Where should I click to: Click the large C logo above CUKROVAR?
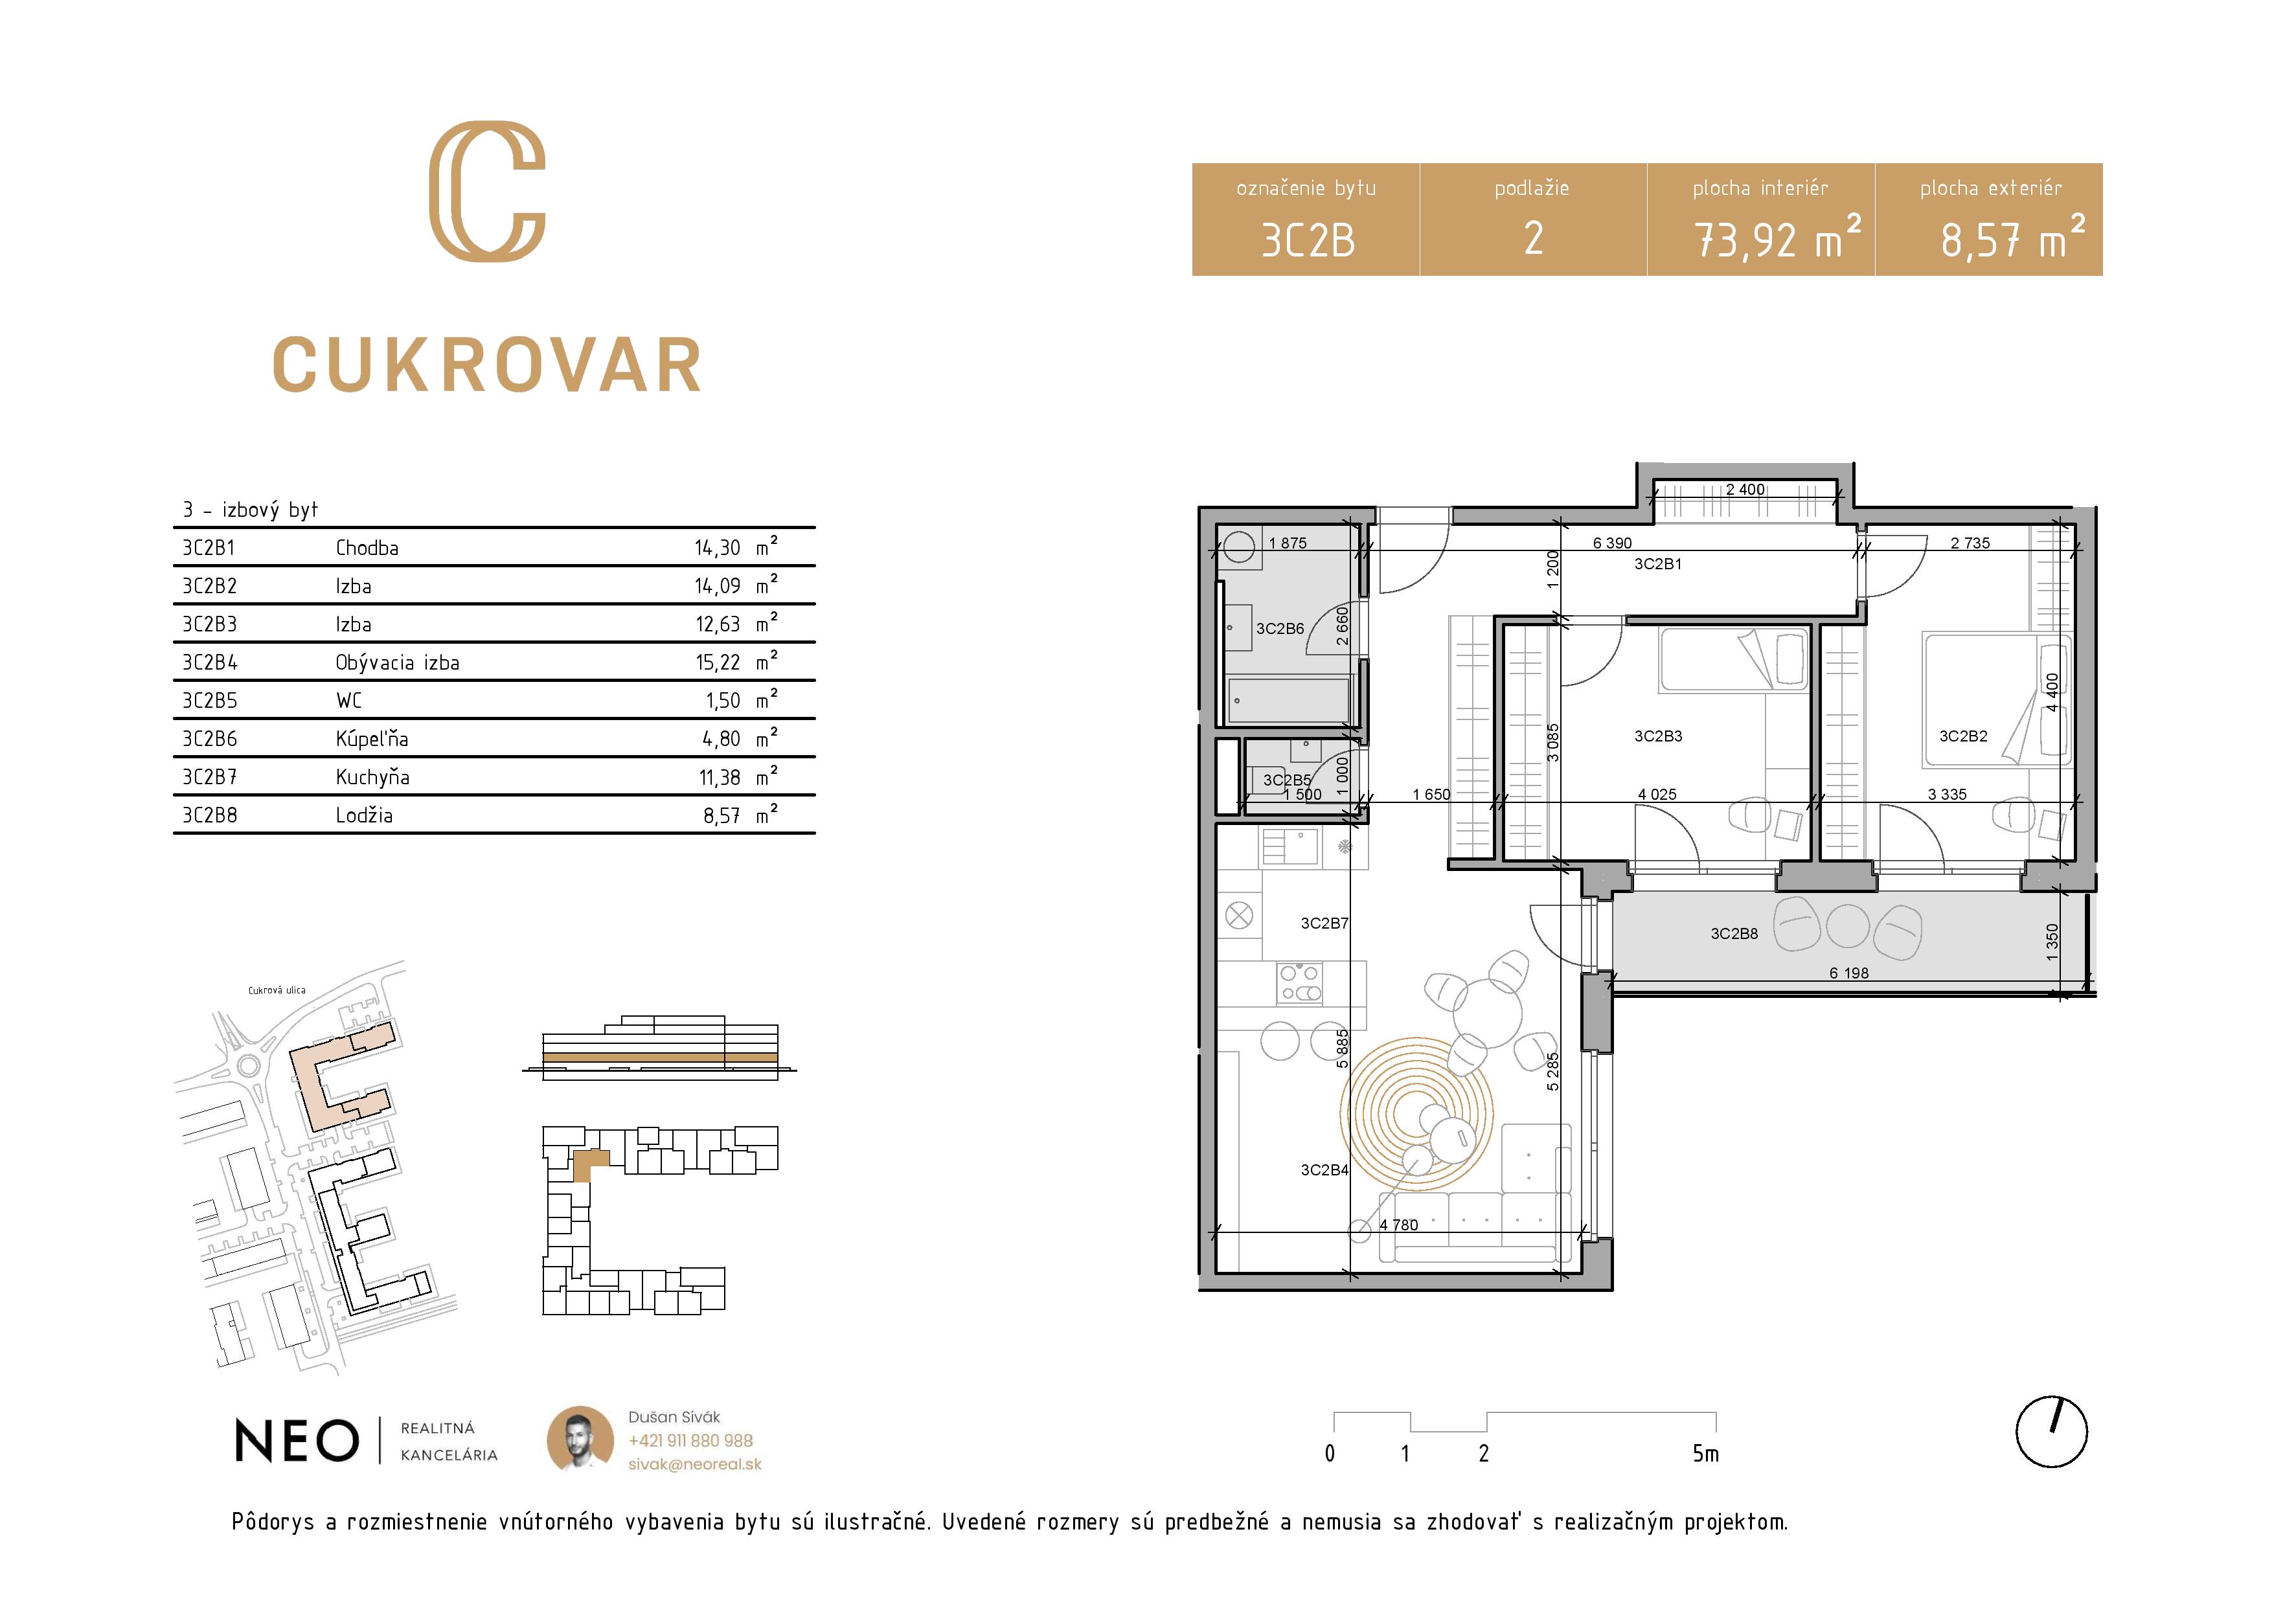(487, 191)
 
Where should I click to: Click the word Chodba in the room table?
(367, 549)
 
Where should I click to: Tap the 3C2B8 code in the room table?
(210, 815)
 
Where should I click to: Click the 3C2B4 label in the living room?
(1324, 1170)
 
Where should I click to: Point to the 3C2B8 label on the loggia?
(1734, 933)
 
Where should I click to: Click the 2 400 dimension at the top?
(1745, 490)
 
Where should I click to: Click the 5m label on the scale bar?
(1705, 1454)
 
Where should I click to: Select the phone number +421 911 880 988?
(690, 1441)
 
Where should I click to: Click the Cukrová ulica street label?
(277, 990)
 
